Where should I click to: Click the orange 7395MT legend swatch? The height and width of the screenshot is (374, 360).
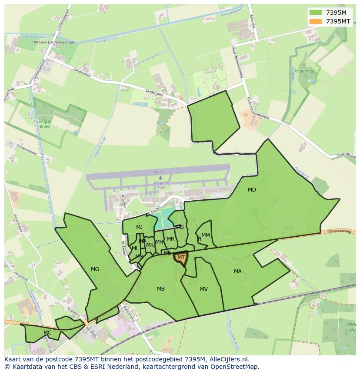[316, 21]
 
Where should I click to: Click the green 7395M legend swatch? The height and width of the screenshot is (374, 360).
[316, 13]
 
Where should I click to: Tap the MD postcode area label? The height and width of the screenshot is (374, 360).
[252, 190]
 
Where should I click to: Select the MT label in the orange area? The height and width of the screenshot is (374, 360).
[181, 258]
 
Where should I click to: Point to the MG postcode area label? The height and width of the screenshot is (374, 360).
[95, 269]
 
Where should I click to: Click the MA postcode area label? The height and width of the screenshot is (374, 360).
[237, 271]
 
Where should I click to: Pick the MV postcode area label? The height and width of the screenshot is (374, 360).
[203, 289]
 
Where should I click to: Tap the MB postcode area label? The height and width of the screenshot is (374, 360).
[161, 289]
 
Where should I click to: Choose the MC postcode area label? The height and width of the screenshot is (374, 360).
[47, 333]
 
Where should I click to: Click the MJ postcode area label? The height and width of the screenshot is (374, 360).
[139, 227]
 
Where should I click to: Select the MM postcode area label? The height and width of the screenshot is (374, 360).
[206, 235]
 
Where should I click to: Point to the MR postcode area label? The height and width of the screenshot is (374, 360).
[170, 239]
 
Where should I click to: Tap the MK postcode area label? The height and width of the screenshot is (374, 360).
[150, 245]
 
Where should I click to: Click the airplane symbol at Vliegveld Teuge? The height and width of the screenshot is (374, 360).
[160, 177]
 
